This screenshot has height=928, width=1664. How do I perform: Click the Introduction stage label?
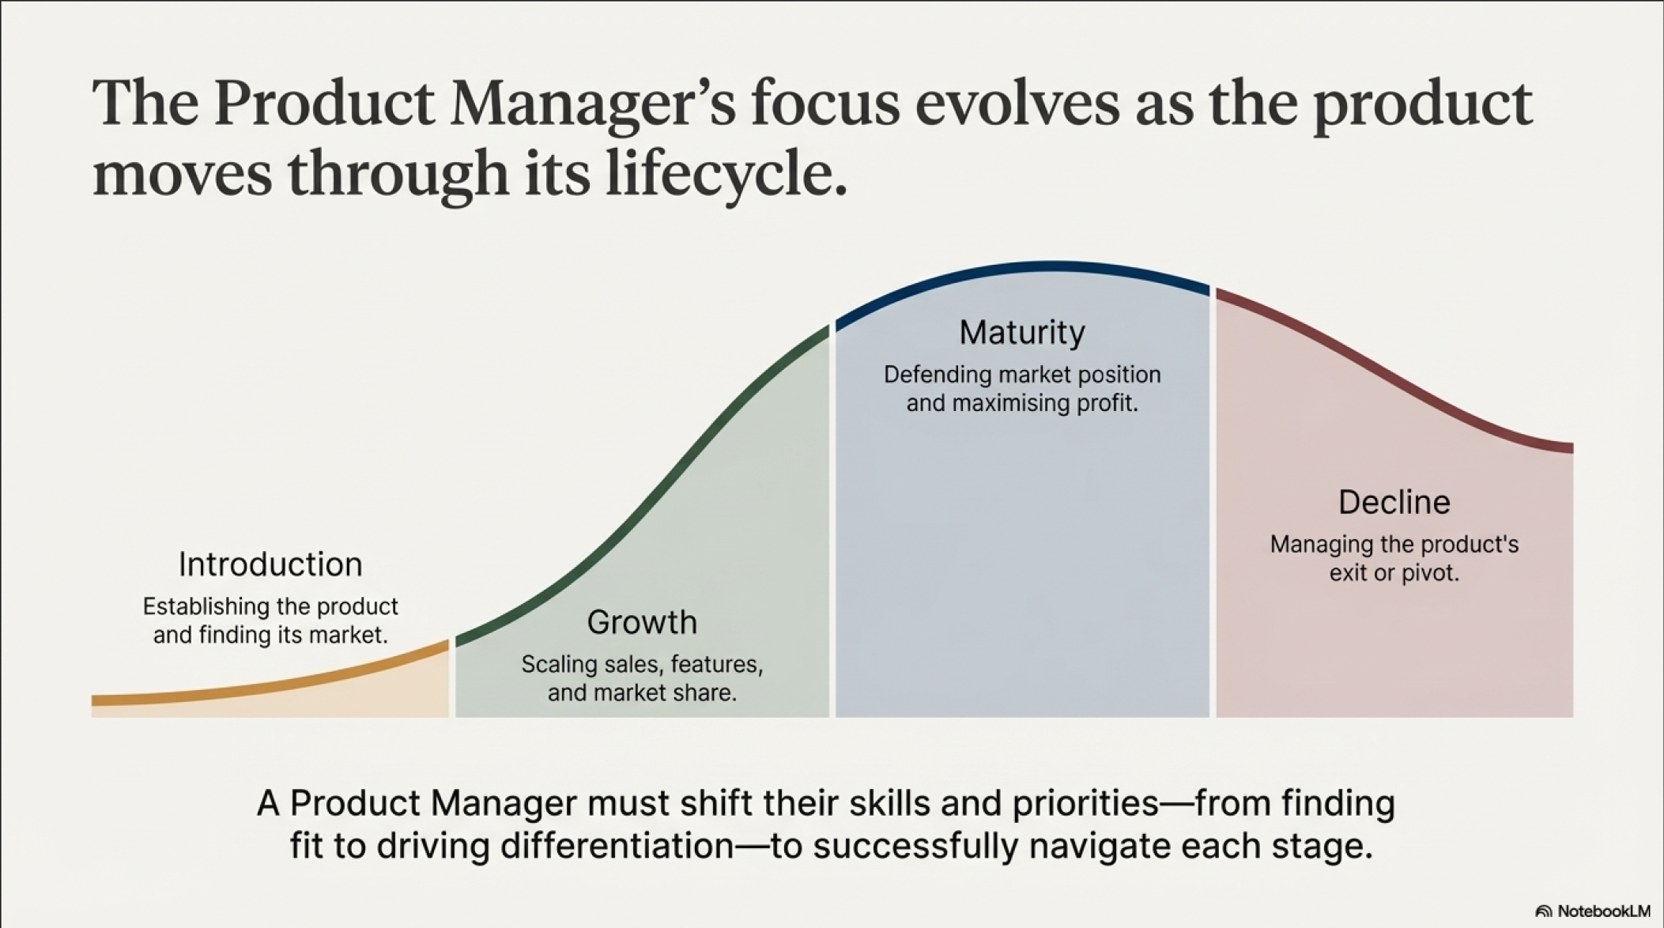pyautogui.click(x=270, y=564)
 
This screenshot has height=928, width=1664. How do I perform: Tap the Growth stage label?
pyautogui.click(x=642, y=623)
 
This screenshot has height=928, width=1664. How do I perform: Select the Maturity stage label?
pyautogui.click(x=1022, y=333)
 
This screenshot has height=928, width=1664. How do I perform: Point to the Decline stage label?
pyautogui.click(x=1394, y=503)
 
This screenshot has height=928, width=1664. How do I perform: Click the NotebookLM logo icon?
pyautogui.click(x=1543, y=911)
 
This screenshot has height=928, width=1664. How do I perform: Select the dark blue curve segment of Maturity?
pyautogui.click(x=1022, y=268)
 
